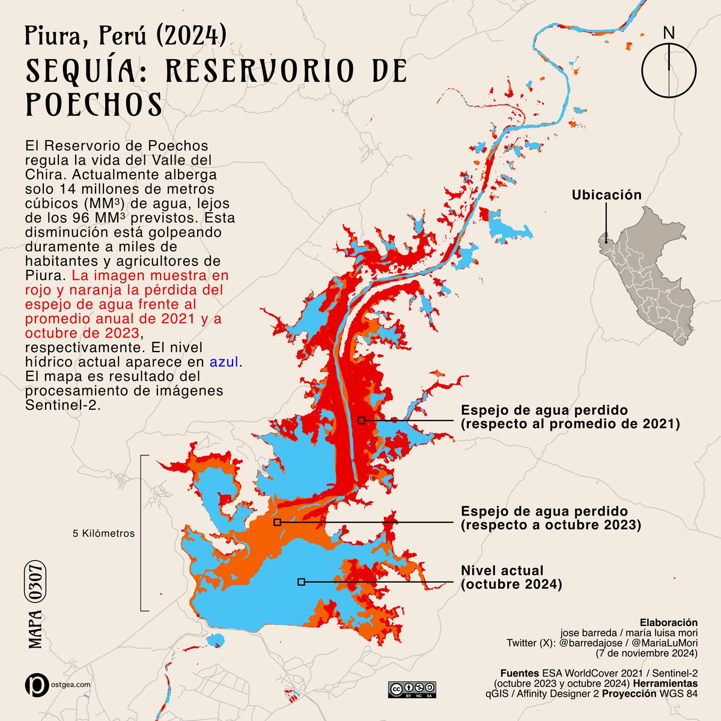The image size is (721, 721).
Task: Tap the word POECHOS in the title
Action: (94, 105)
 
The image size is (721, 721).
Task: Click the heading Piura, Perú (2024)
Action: (126, 37)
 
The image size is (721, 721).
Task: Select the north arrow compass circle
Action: (669, 70)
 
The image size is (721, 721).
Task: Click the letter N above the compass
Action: (669, 32)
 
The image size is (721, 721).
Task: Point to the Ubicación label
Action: (606, 195)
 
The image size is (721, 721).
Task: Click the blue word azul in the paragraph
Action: (224, 362)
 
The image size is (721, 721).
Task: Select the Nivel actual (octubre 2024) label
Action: (511, 577)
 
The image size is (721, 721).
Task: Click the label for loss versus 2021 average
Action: (570, 417)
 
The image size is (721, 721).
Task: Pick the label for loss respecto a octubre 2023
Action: (550, 518)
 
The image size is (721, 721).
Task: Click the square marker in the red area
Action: (361, 421)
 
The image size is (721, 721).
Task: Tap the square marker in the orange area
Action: (277, 523)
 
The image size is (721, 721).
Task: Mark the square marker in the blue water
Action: (301, 582)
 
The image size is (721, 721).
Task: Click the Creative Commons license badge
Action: (412, 689)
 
